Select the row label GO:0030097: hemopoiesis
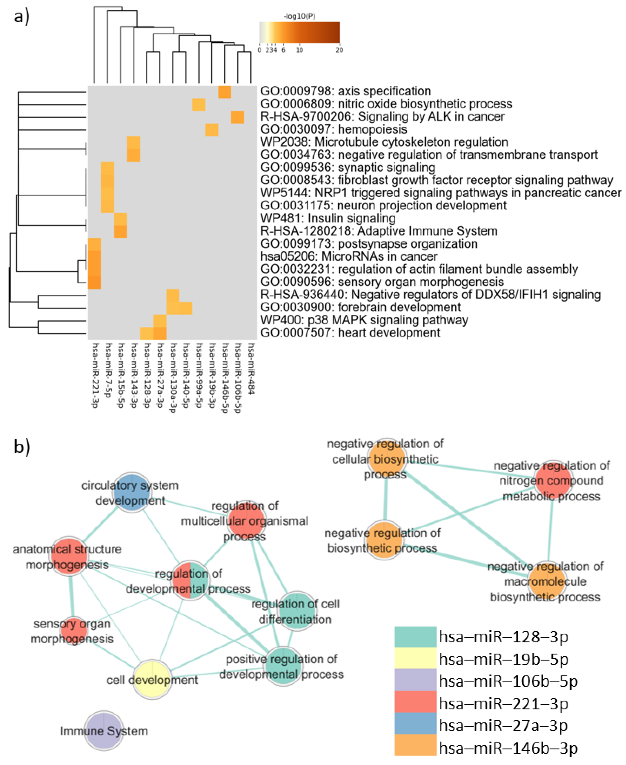tap(334, 129)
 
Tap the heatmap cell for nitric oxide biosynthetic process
tap(198, 105)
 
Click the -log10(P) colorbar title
tap(299, 16)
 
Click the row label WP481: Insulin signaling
tap(328, 218)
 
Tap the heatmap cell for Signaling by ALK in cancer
tap(237, 117)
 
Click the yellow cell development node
tap(152, 680)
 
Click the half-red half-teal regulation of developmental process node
tap(190, 581)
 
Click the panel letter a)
tap(22, 16)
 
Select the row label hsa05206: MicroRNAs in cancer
tap(349, 256)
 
